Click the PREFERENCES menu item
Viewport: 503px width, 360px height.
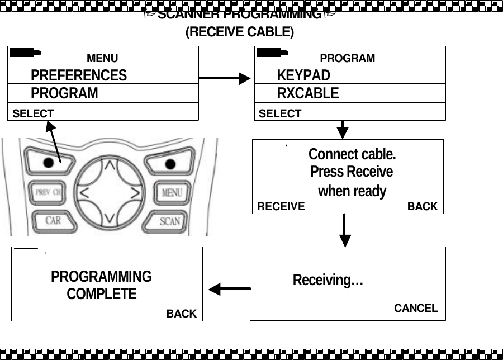78,75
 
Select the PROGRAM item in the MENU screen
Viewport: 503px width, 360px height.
64,93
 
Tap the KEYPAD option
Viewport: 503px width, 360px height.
303,75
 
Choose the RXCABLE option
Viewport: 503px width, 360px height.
308,93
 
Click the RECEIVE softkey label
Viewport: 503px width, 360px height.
281,206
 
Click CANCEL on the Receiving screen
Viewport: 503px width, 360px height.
416,308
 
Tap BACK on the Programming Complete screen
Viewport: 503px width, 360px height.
182,314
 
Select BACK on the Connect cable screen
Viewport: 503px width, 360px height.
423,206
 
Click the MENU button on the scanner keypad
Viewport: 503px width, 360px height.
172,193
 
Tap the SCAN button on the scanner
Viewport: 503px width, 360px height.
170,221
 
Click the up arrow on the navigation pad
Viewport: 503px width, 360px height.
111,165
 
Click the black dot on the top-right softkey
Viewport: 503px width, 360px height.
170,163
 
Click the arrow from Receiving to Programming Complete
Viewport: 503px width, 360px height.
230,289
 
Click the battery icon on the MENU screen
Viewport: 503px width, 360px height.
25,53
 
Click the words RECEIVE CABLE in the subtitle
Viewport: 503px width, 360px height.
239,32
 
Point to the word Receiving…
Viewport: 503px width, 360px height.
328,280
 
